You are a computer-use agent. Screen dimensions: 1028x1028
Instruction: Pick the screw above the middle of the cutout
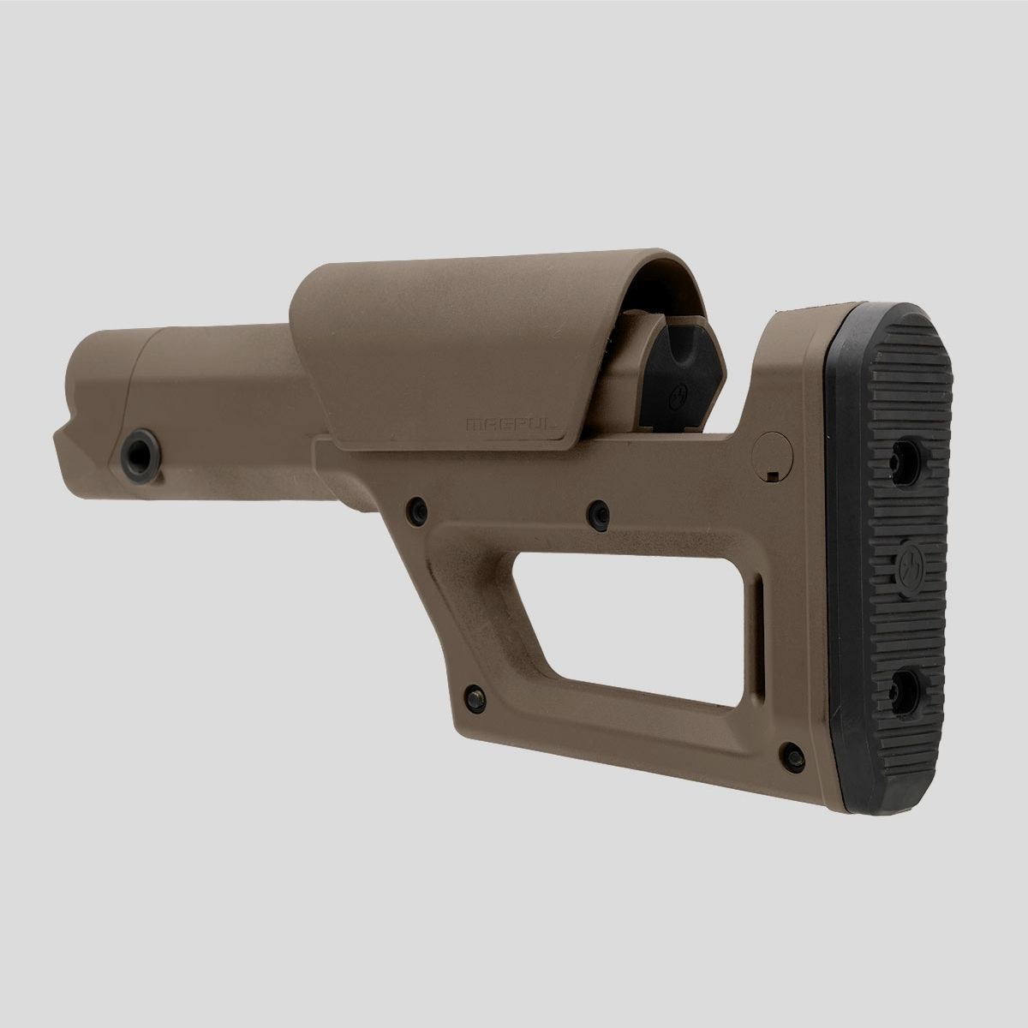pos(597,512)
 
